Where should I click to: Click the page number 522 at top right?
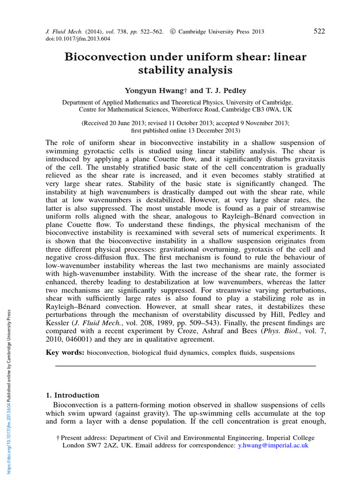coord(319,31)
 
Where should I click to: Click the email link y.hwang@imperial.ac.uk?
coord(273,445)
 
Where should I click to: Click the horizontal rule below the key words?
coord(185,366)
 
